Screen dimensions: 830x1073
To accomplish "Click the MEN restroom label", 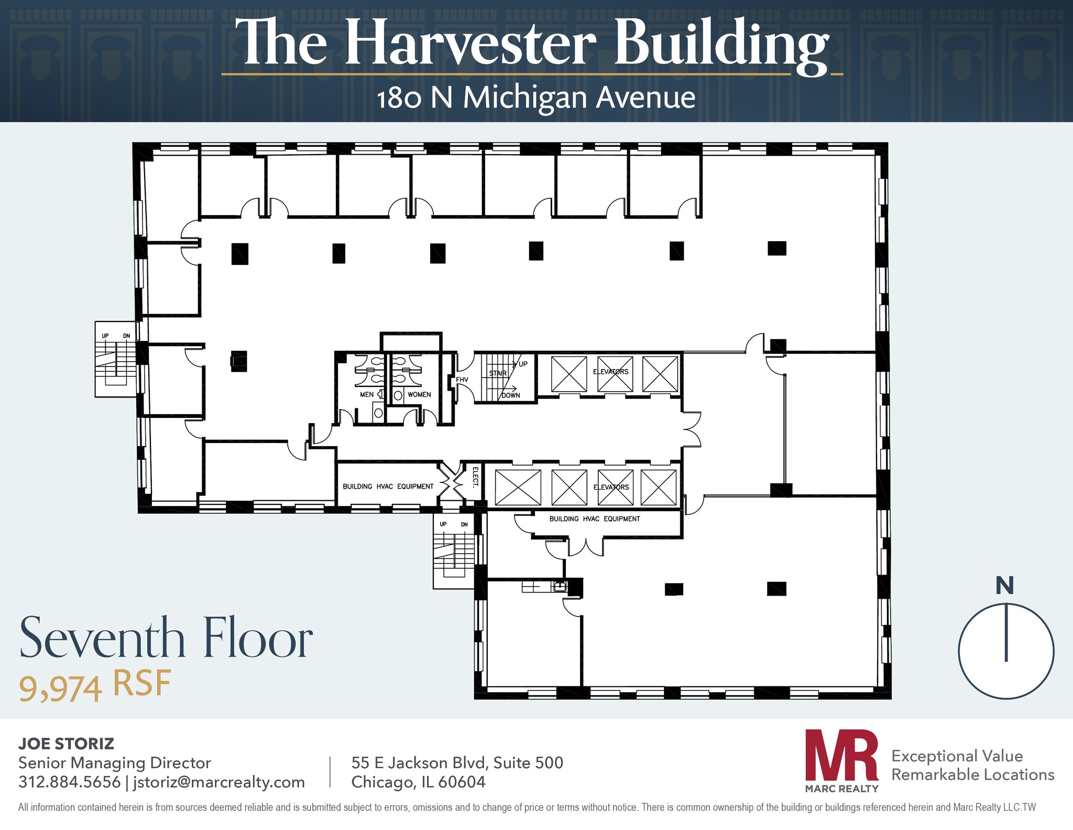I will (367, 394).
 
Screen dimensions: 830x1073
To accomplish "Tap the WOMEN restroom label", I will (419, 394).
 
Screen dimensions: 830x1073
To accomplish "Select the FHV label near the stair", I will (462, 380).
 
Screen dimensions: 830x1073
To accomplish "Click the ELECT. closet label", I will (475, 477).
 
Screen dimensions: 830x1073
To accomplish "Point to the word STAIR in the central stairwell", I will (498, 373).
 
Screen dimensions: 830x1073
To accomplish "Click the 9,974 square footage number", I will (60, 688).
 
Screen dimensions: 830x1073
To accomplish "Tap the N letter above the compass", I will (1004, 586).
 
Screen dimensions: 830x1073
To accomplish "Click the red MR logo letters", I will (841, 755).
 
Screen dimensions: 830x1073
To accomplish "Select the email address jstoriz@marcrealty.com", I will (219, 782).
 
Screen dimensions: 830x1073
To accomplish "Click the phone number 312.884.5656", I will (69, 782).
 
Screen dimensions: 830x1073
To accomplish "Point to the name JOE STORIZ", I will (66, 743).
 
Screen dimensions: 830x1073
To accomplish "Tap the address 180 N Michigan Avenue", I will (536, 98).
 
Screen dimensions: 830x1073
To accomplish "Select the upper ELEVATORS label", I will (610, 372).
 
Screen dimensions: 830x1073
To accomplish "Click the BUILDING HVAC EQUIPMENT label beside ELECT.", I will (388, 487).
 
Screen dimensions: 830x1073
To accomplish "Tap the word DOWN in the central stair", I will (511, 395).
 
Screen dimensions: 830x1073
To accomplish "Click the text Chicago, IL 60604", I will (418, 782).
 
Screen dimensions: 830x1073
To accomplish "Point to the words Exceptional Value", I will (957, 756).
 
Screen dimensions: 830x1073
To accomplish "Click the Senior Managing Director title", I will (114, 763).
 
